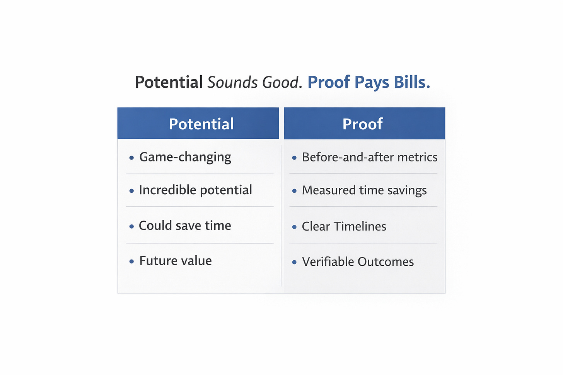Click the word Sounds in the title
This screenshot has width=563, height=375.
coord(232,82)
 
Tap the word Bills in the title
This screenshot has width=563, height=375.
coord(411,82)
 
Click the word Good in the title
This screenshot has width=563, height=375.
coord(281,82)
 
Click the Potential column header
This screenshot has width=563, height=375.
coord(201,124)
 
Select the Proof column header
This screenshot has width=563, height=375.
coord(362,124)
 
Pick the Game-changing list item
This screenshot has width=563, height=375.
coord(185,157)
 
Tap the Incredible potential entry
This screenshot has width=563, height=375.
coord(195,190)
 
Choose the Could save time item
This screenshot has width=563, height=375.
coord(185,226)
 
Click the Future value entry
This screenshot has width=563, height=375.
coord(175,261)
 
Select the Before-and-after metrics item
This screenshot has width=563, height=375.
coord(369,157)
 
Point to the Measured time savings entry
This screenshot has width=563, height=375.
coord(364,190)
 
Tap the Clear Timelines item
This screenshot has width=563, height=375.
coord(344,226)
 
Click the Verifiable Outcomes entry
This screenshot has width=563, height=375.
coord(358,262)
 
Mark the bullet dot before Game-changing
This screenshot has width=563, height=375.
coord(131,158)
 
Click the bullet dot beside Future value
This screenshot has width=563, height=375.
coord(131,261)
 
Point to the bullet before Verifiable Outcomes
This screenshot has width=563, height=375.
coord(294,262)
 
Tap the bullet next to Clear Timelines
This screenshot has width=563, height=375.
coord(294,227)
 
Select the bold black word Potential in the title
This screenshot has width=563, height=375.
coord(169,82)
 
